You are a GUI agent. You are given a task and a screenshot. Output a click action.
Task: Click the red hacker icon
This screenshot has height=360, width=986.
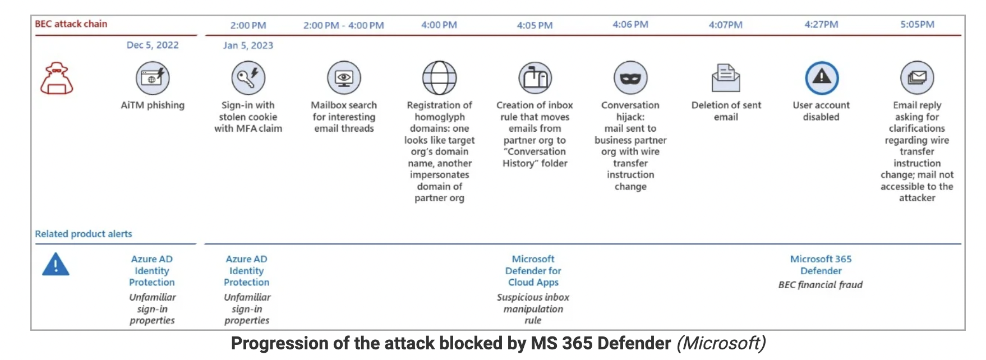pyautogui.click(x=57, y=78)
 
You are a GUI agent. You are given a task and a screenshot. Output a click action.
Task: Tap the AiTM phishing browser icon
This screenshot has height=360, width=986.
pyautogui.click(x=153, y=78)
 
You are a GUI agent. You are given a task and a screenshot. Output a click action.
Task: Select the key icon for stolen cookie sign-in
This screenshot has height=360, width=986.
pyautogui.click(x=248, y=78)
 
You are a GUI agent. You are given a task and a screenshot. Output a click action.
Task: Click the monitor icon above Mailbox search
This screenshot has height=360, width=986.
pyautogui.click(x=344, y=78)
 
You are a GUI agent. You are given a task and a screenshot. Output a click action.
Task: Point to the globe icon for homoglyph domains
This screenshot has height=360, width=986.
pyautogui.click(x=439, y=78)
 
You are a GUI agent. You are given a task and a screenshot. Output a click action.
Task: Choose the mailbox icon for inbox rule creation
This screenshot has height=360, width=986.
pyautogui.click(x=535, y=78)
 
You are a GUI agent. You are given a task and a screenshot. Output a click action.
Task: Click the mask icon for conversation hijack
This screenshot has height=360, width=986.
pyautogui.click(x=630, y=78)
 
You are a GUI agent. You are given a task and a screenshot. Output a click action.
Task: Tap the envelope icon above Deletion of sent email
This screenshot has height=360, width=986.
pyautogui.click(x=726, y=78)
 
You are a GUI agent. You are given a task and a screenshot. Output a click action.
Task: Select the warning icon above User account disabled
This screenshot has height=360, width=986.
pyautogui.click(x=822, y=78)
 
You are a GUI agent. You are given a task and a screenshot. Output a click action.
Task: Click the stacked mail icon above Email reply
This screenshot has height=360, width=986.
pyautogui.click(x=917, y=78)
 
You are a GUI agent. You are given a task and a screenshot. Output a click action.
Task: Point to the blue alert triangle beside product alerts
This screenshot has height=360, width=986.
pyautogui.click(x=56, y=264)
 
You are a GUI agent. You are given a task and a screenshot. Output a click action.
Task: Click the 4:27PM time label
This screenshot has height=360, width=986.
pyautogui.click(x=821, y=25)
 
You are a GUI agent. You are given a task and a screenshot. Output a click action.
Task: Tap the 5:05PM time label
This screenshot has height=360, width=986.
pyautogui.click(x=917, y=25)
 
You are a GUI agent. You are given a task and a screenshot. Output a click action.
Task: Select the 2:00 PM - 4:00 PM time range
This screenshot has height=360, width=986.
pyautogui.click(x=344, y=25)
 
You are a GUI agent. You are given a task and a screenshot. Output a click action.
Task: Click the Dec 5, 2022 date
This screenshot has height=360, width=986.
pyautogui.click(x=153, y=45)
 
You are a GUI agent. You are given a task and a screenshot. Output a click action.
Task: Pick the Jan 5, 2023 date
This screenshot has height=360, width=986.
pyautogui.click(x=248, y=45)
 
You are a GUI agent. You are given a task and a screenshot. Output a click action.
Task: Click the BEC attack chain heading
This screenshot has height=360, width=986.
pyautogui.click(x=71, y=24)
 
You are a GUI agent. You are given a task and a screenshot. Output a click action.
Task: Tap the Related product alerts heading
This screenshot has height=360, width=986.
pyautogui.click(x=84, y=234)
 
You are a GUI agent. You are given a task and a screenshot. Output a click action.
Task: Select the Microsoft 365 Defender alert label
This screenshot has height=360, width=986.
pyautogui.click(x=821, y=265)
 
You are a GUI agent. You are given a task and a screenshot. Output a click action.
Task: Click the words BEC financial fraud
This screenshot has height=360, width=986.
pyautogui.click(x=821, y=285)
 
